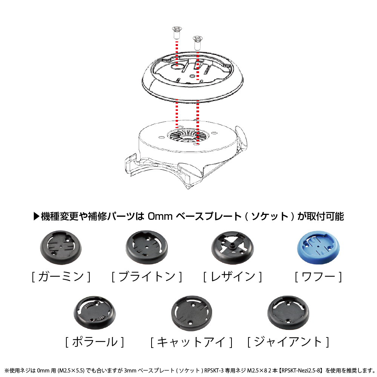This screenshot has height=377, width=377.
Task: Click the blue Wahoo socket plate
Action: point(318,247)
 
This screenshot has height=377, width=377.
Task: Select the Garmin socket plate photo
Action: point(61,247)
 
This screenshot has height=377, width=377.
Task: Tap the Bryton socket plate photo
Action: point(147,247)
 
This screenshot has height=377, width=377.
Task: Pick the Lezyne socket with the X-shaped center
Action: point(233,247)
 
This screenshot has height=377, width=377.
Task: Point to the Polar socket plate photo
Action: point(95,313)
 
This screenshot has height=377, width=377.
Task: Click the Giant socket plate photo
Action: point(288,313)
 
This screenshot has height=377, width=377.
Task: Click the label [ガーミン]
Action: point(61,276)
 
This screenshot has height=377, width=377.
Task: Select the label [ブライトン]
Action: point(147,276)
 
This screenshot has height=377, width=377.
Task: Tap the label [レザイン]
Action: point(233,276)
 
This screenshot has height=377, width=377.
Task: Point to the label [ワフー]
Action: point(318,276)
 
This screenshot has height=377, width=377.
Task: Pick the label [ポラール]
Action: point(95,342)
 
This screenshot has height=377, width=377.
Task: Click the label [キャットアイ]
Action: point(192,342)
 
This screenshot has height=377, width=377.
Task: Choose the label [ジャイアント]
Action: point(288,342)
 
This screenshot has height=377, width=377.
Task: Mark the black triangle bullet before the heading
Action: point(36,216)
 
